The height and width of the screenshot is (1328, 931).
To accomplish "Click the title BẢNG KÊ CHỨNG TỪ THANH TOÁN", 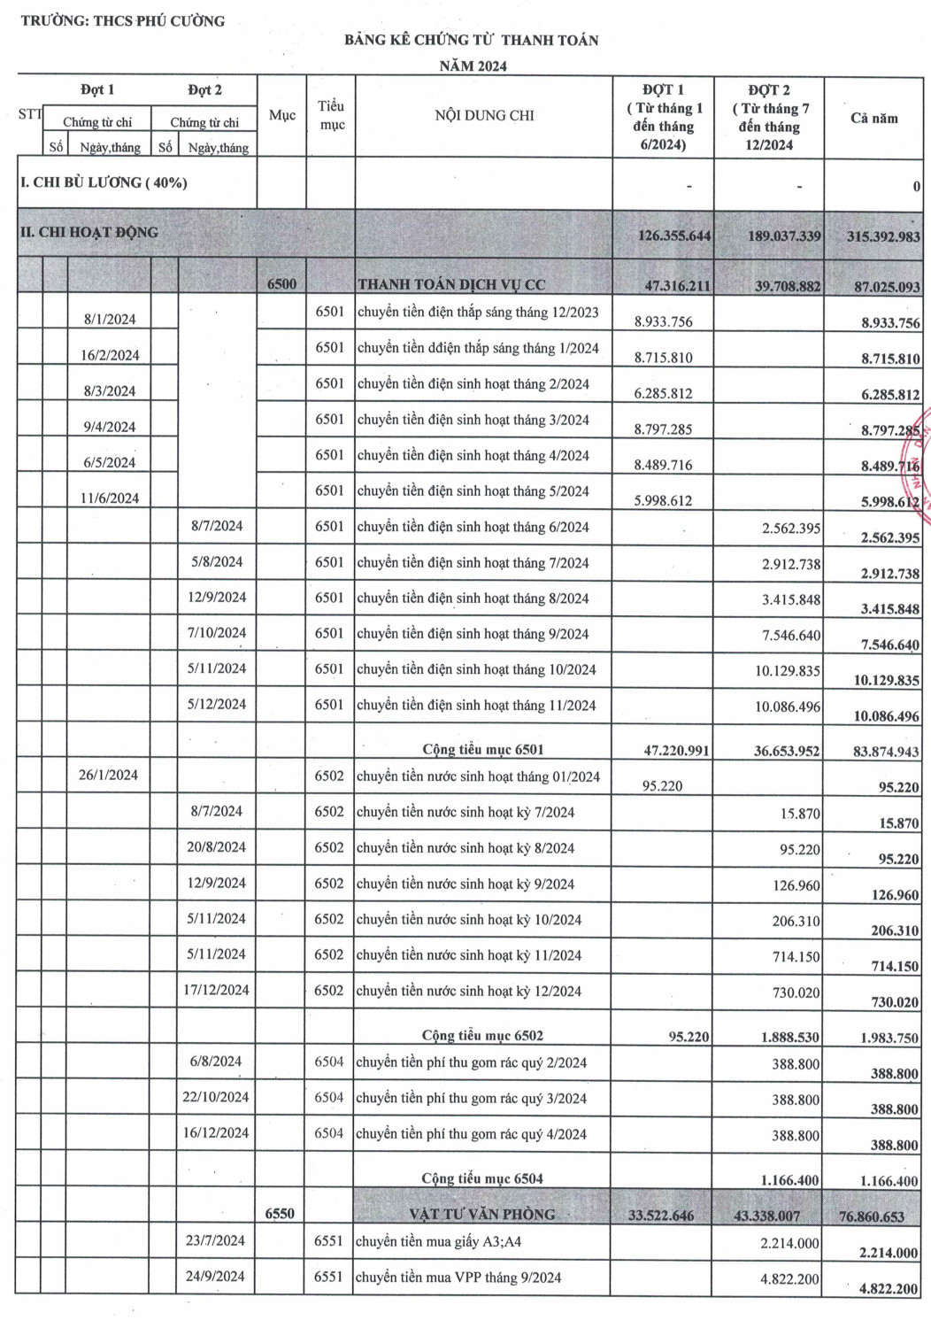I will [472, 40].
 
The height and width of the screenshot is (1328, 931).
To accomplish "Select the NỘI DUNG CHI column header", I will [484, 116].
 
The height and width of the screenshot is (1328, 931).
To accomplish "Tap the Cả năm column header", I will [873, 118].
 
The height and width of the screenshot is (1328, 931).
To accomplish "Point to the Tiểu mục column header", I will [331, 116].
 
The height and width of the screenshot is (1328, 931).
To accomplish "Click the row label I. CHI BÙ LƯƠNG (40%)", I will [104, 183].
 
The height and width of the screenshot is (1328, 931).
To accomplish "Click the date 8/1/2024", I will [110, 320].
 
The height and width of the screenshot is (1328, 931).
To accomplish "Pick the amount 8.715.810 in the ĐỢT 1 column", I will [663, 358].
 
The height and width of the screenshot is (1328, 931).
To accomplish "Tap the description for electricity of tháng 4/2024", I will [473, 456].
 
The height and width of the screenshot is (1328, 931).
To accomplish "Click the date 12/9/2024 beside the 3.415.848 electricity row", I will [217, 598].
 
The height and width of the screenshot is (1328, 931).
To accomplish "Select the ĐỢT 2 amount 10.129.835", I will [787, 671].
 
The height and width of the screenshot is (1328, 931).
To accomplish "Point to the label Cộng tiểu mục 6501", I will [482, 750].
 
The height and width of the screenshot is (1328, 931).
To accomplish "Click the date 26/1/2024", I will [108, 776].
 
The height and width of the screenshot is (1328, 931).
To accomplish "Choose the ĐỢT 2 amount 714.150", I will [796, 957].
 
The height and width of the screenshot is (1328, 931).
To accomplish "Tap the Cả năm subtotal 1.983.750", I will [889, 1038].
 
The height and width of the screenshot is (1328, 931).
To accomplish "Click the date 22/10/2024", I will [216, 1098].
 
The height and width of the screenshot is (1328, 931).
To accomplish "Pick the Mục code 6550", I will [280, 1214].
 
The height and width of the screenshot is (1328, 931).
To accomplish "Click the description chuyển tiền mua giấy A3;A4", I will [438, 1242].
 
